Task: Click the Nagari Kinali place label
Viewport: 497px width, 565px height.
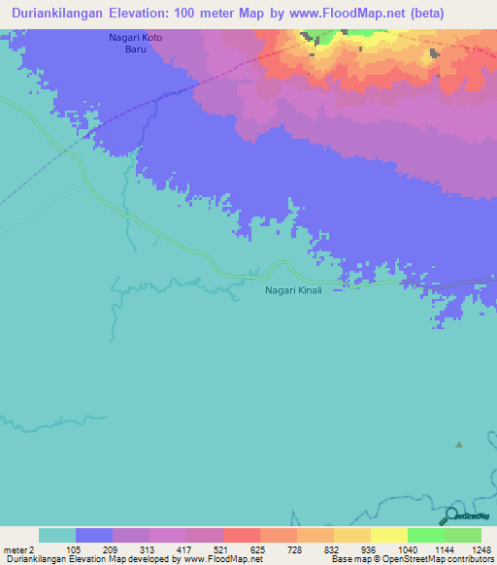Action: click(x=292, y=290)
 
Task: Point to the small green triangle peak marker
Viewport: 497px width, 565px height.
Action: click(x=459, y=445)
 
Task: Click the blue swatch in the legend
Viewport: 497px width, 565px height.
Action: click(x=94, y=535)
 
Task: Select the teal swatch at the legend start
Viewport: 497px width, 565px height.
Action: click(x=57, y=535)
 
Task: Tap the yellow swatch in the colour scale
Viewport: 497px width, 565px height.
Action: click(x=389, y=535)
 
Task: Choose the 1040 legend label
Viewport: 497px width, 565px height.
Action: click(x=408, y=548)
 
